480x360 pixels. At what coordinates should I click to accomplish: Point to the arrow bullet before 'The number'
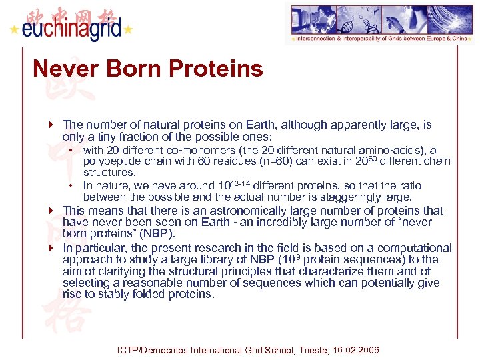pyautogui.click(x=51, y=125)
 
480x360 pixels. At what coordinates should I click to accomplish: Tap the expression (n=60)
pyautogui.click(x=265, y=161)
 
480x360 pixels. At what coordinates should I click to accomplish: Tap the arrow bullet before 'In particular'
pyautogui.click(x=51, y=247)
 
